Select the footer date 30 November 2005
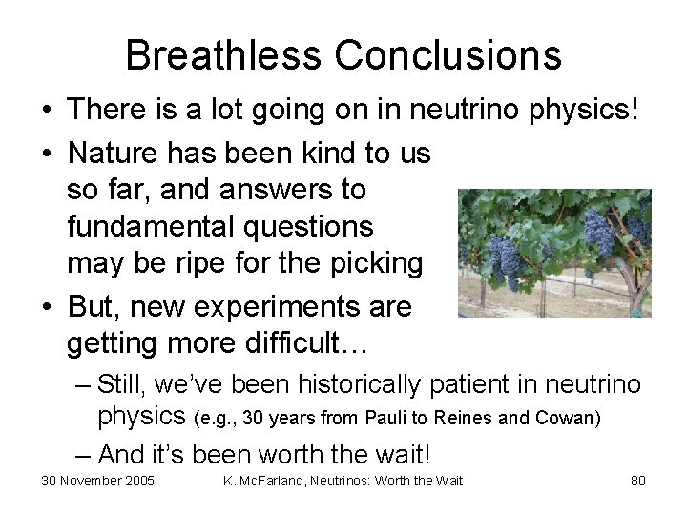click(x=97, y=481)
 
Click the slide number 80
click(x=638, y=481)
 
